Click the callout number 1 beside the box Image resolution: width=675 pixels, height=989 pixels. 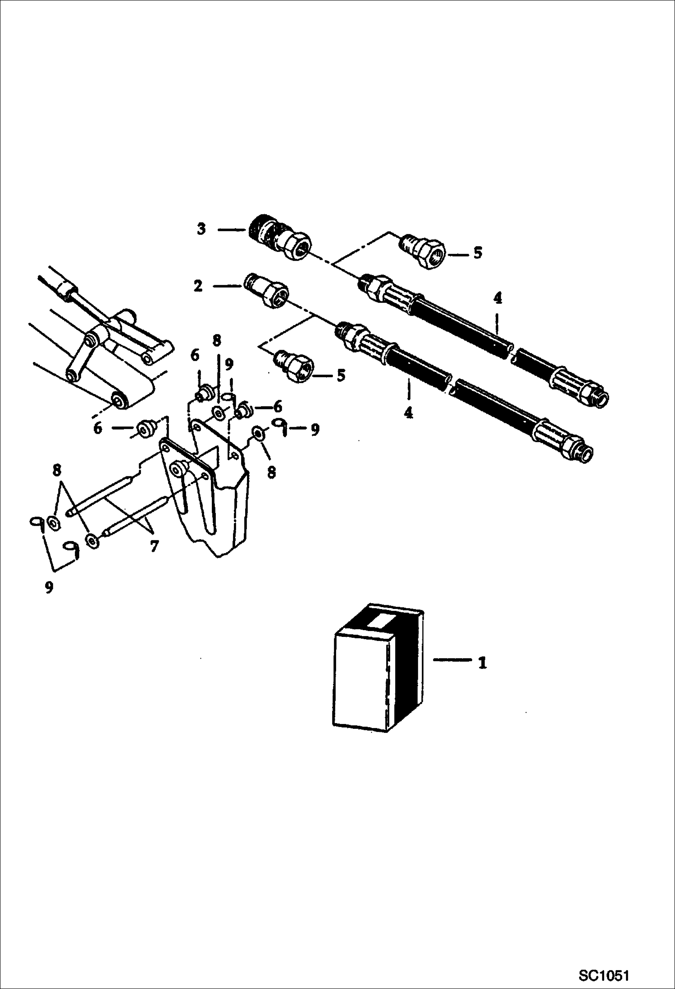(x=483, y=663)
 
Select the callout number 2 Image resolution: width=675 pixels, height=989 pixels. (x=198, y=286)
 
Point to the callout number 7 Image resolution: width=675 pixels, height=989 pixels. (x=154, y=546)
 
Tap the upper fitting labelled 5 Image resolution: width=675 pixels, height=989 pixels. (x=422, y=251)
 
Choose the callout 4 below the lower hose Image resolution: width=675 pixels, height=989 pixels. (x=408, y=412)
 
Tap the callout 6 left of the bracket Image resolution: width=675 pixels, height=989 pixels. (x=98, y=428)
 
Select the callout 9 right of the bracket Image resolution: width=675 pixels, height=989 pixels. (x=315, y=430)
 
